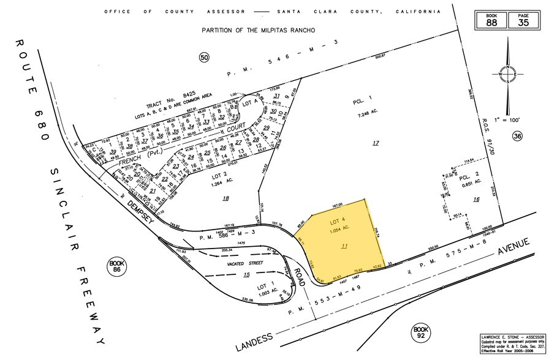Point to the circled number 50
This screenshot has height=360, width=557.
pos(204,57)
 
